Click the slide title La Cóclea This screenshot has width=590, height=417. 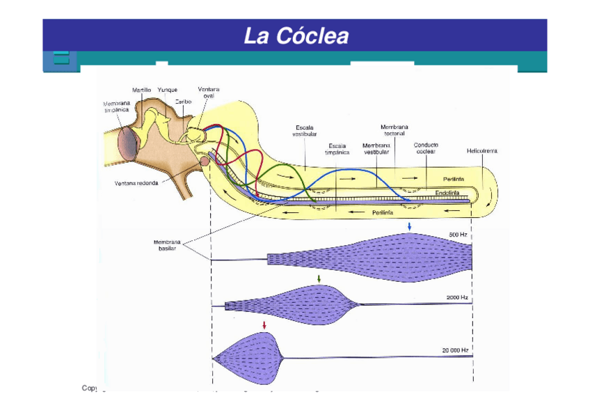click(296, 36)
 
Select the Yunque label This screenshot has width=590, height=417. click(167, 90)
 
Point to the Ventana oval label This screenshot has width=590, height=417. click(208, 93)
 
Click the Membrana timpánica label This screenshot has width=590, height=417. click(117, 106)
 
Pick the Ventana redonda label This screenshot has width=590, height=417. click(136, 184)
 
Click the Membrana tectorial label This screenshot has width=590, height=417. click(394, 130)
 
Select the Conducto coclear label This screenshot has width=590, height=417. click(426, 148)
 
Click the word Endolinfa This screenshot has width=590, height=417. click(447, 191)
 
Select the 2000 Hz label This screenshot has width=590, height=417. click(456, 297)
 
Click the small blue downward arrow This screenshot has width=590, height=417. click(410, 226)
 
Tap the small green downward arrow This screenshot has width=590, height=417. click(319, 278)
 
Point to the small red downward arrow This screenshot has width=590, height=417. click(264, 325)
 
